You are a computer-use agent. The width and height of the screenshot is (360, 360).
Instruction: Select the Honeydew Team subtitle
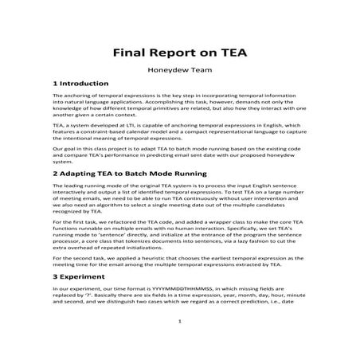pyautogui.click(x=179, y=70)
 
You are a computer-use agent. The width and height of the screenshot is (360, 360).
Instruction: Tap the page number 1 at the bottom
pyautogui.click(x=180, y=343)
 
